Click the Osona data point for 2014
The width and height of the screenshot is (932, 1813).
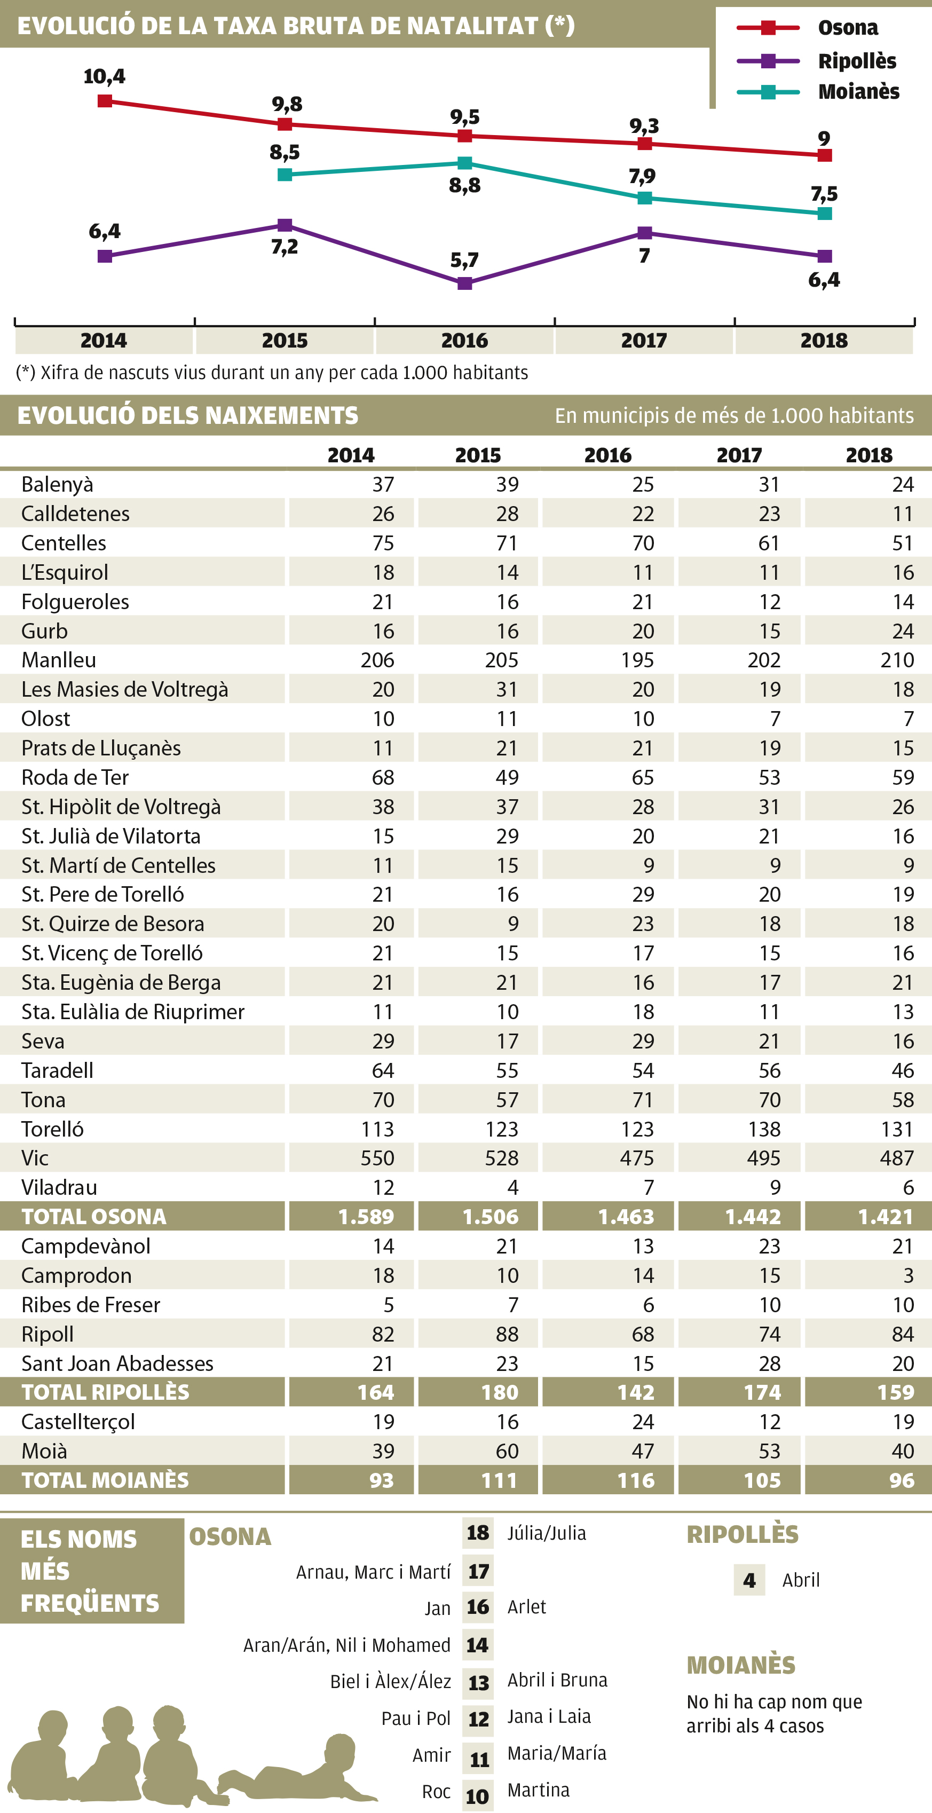pos(105,101)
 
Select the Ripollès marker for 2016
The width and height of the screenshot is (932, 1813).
pos(464,283)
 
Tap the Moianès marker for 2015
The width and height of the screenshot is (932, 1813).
pos(285,175)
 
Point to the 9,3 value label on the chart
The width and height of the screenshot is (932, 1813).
pos(644,126)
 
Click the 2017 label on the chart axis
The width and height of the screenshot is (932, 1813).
pos(644,341)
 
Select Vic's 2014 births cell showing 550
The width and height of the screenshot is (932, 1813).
pos(377,1158)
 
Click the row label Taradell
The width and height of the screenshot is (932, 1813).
pos(57,1070)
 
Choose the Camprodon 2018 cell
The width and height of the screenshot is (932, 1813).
pos(908,1275)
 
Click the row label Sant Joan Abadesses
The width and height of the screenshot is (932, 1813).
pos(117,1363)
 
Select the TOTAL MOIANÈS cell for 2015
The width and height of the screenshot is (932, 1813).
pos(499,1481)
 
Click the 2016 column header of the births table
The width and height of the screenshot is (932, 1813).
pos(607,455)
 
